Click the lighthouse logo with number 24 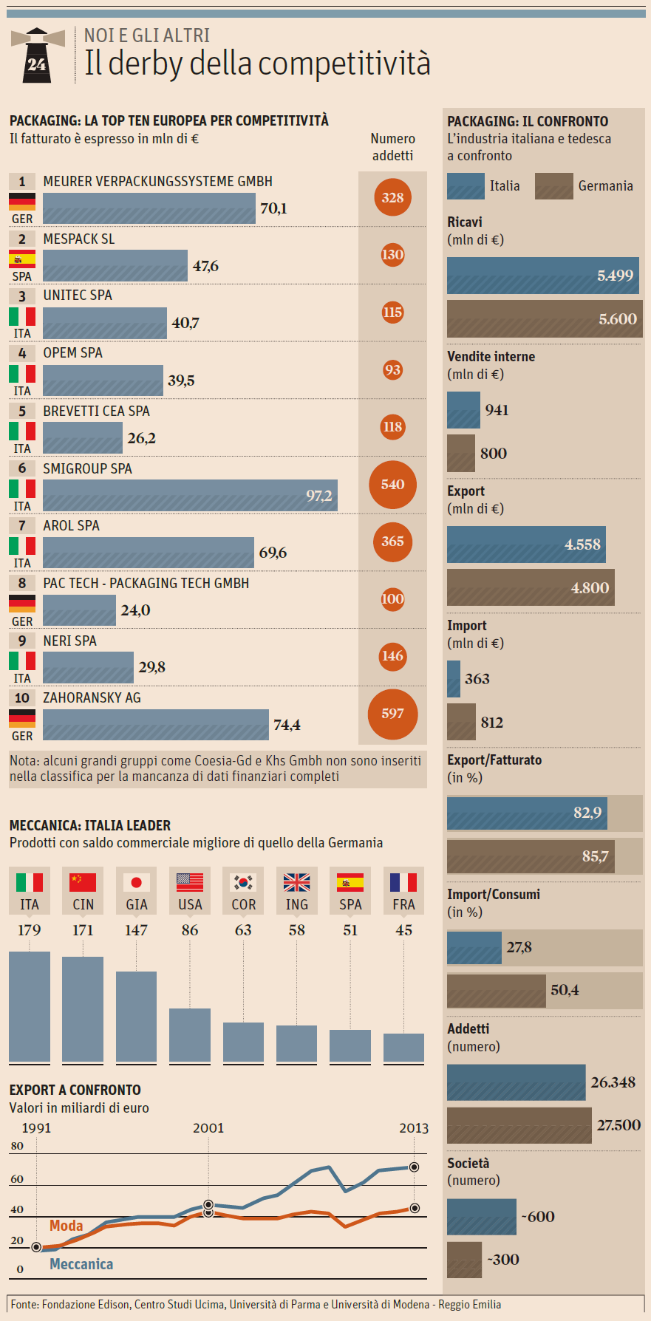[x=37, y=55]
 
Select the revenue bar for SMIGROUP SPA [x=190, y=496]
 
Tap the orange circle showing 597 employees [x=392, y=714]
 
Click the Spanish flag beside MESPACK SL [x=22, y=259]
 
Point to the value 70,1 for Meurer [x=273, y=208]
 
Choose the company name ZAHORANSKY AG [x=92, y=697]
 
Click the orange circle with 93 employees [x=392, y=369]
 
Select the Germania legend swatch [x=553, y=186]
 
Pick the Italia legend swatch [x=466, y=186]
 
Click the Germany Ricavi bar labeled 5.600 [x=545, y=319]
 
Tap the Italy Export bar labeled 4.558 [x=526, y=545]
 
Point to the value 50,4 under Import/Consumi [x=565, y=990]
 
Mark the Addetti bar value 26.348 [x=613, y=1082]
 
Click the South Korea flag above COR [x=243, y=882]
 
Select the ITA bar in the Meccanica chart [x=30, y=1007]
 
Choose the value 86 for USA [x=190, y=930]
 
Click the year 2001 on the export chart [x=208, y=1128]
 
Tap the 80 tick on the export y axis [x=17, y=1146]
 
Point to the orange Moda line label [x=67, y=1226]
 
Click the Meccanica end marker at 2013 [x=414, y=1167]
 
